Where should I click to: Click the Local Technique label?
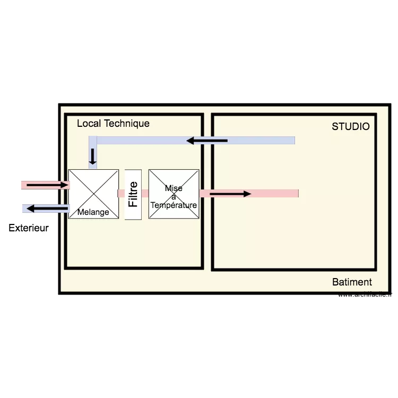click(113, 124)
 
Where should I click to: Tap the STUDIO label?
click(350, 127)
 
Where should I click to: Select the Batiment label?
click(352, 282)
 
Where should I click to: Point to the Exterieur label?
click(29, 228)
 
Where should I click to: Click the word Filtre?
click(133, 194)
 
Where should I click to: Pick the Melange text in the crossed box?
click(93, 212)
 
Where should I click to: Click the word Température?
click(174, 205)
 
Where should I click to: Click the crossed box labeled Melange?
click(93, 194)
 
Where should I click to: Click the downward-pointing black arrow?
click(93, 156)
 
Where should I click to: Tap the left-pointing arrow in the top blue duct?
click(206, 141)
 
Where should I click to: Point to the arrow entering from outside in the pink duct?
click(48, 185)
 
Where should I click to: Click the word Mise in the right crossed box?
click(174, 188)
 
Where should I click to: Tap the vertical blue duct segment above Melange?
click(93, 154)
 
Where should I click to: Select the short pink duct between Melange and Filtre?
click(122, 193)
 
